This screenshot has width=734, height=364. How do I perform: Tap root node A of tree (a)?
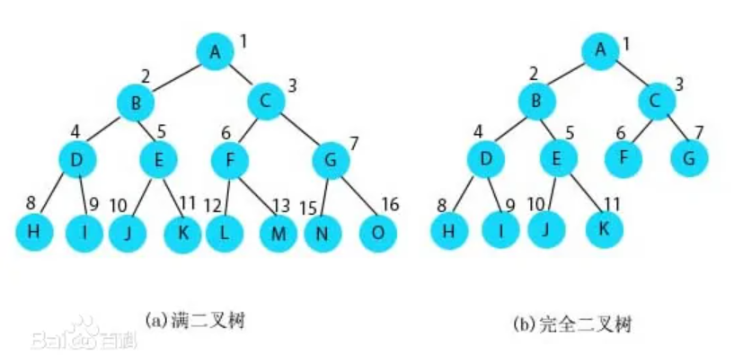[x=215, y=51]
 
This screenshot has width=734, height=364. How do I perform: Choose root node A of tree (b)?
[x=600, y=49]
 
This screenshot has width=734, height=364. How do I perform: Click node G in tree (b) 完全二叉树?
[x=689, y=158]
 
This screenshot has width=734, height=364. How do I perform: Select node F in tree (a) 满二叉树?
[x=230, y=162]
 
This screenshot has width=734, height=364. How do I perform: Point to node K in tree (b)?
[x=604, y=228]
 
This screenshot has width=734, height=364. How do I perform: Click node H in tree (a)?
[x=33, y=233]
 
